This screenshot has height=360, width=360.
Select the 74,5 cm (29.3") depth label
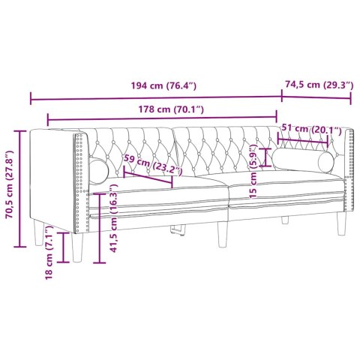(318, 85)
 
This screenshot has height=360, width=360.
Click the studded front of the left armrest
(80, 180)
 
